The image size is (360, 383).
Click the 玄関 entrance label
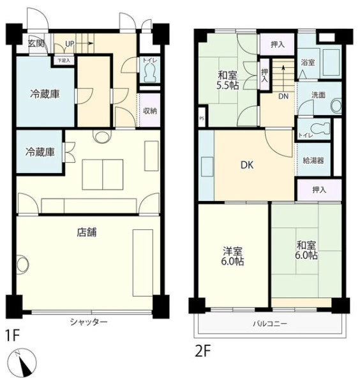(x=36, y=43)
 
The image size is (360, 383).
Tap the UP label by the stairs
(x=70, y=43)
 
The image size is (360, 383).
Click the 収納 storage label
(x=150, y=111)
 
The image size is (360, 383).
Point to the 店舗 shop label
(x=87, y=232)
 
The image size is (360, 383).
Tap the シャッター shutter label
(x=89, y=322)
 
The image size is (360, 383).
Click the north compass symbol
(x=22, y=363)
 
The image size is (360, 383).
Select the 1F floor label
(x=12, y=335)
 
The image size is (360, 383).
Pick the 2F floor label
(x=202, y=351)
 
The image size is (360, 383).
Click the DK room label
(x=247, y=165)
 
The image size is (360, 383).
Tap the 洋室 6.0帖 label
(x=232, y=256)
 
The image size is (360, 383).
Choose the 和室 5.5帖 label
(x=228, y=80)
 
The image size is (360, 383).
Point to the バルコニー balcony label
(x=270, y=324)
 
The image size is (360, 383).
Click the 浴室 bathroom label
(x=308, y=63)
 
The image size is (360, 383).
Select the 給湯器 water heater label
(x=313, y=160)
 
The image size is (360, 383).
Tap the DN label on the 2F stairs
(x=283, y=96)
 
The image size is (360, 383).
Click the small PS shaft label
(x=202, y=119)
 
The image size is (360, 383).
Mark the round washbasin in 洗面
(x=336, y=106)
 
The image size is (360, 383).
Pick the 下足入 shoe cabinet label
(x=64, y=60)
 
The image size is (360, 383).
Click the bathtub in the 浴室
(x=331, y=63)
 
